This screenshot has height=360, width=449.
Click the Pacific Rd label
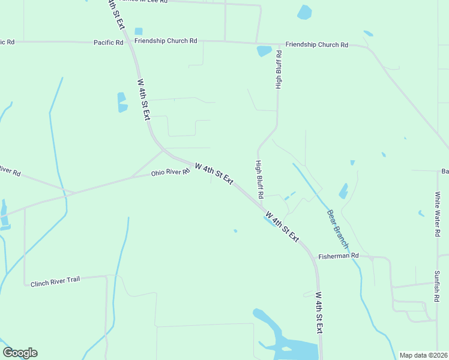pos(108,43)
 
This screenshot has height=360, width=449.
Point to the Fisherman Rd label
pos(339,256)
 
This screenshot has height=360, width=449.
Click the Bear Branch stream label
pos(338,229)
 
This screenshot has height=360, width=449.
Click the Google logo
pos(20,353)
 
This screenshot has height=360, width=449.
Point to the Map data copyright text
pos(423,355)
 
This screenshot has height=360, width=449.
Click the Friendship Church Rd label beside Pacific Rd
pos(166,41)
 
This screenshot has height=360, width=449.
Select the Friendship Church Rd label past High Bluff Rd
pos(316,45)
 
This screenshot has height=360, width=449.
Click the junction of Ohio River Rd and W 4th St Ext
pos(191,163)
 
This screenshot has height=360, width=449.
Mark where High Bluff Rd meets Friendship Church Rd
pos(279,45)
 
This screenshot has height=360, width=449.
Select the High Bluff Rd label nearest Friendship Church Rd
pos(279,70)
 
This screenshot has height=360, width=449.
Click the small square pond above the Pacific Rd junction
pos(139,31)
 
